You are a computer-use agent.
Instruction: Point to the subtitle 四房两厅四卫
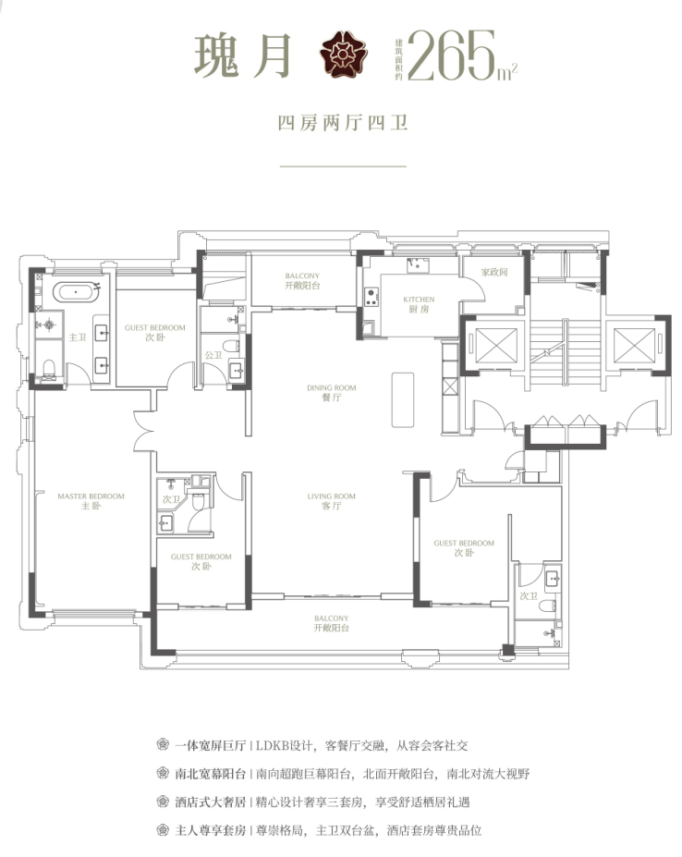coord(343,122)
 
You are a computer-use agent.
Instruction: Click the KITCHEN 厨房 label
coord(419,305)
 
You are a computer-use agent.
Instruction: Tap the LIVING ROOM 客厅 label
coord(332,502)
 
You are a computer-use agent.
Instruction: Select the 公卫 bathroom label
coord(213,355)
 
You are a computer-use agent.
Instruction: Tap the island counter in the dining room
coord(402,398)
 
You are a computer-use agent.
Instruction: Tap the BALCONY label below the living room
coord(331,623)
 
